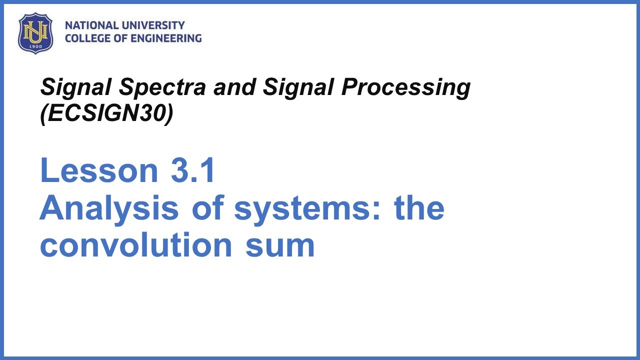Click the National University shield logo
pyautogui.click(x=35, y=32)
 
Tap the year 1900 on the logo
pyautogui.click(x=35, y=46)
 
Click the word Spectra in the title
pyautogui.click(x=162, y=88)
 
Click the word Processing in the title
pyautogui.click(x=406, y=88)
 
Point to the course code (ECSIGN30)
pyautogui.click(x=106, y=113)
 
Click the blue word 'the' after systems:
pyautogui.click(x=419, y=208)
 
